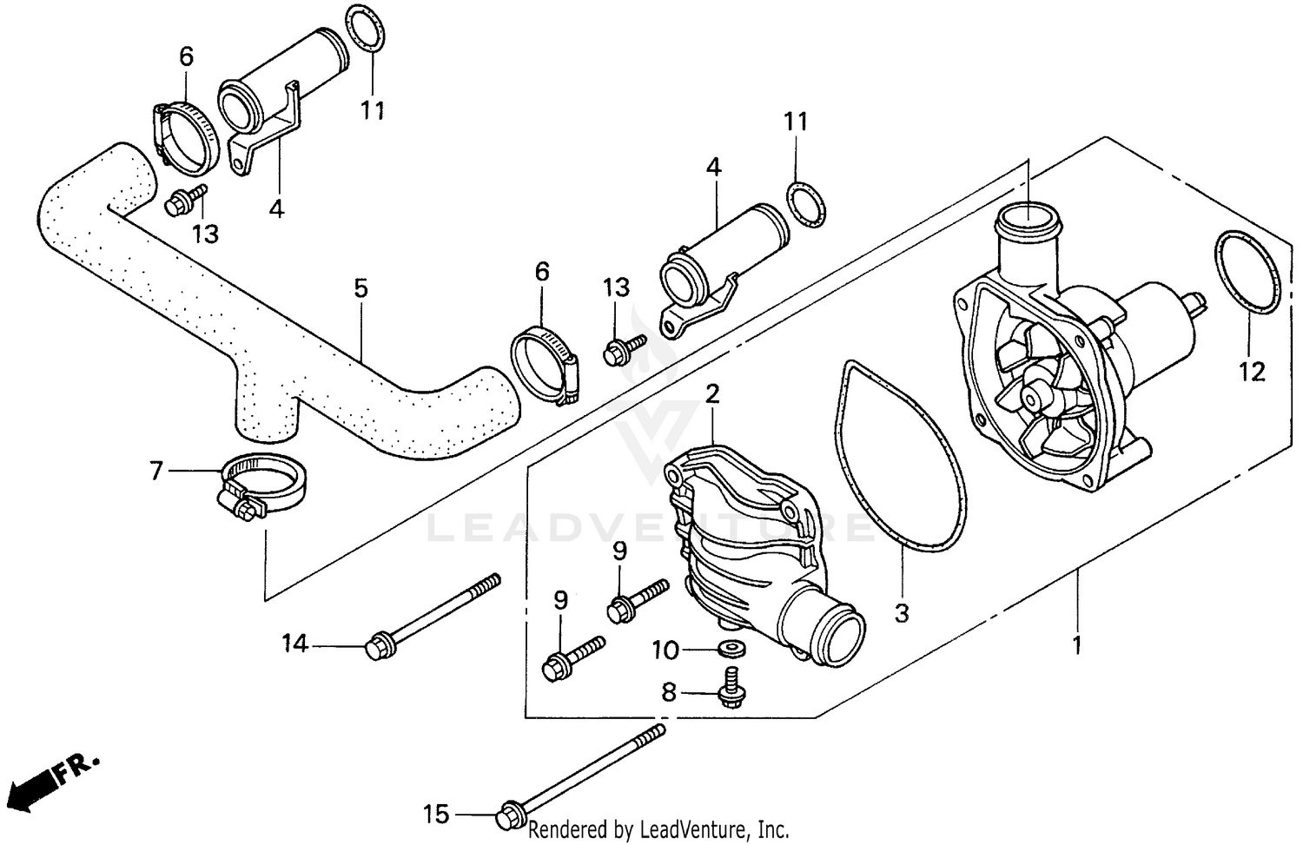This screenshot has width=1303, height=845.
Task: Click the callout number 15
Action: (x=436, y=815)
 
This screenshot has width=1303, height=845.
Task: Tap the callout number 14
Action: (x=294, y=644)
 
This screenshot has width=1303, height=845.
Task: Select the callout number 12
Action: (x=1252, y=372)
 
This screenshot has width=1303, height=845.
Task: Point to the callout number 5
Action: (x=360, y=288)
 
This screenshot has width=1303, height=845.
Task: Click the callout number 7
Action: (x=156, y=470)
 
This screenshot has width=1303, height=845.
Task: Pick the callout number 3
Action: (x=902, y=612)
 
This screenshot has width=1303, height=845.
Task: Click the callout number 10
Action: (x=666, y=649)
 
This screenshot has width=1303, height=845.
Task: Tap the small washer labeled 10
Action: (x=726, y=649)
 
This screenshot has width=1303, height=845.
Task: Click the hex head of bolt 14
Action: (x=377, y=647)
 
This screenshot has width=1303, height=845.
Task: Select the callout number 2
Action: (x=712, y=394)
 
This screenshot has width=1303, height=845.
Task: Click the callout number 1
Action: (x=1077, y=645)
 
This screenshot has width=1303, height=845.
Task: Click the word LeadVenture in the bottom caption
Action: (x=694, y=828)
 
